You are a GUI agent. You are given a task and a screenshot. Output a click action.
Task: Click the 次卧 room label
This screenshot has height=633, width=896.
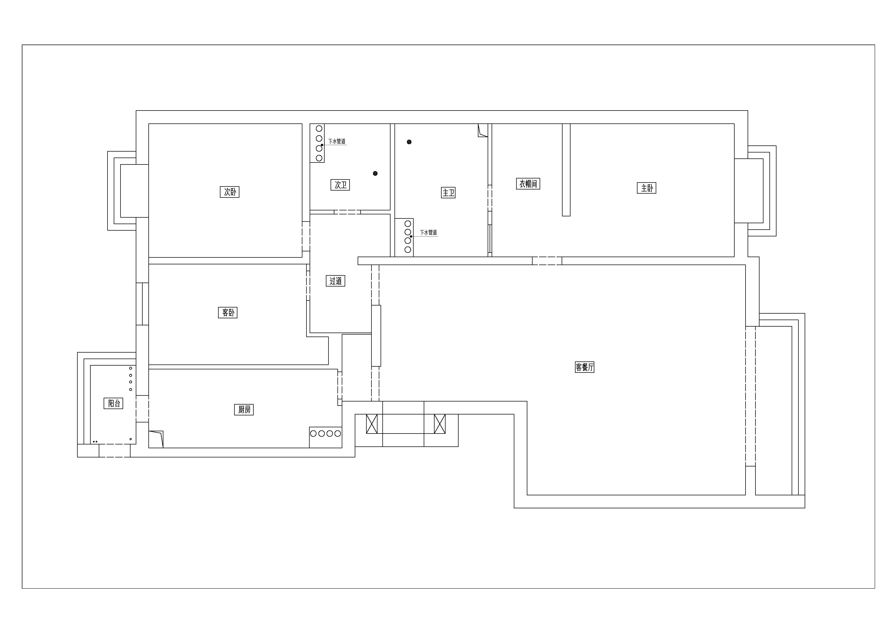[229, 192]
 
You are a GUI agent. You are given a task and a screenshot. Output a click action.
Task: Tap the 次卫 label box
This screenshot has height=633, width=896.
[340, 185]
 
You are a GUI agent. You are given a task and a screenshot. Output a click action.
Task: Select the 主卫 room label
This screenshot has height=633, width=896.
[448, 193]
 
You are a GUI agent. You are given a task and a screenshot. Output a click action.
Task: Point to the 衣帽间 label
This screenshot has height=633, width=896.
[528, 184]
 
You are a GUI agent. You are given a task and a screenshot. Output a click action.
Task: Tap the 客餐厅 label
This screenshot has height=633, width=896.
[585, 367]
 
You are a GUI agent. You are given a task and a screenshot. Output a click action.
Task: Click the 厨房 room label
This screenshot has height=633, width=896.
[244, 410]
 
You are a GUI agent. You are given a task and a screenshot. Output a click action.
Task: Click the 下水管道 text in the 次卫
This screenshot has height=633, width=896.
[337, 141]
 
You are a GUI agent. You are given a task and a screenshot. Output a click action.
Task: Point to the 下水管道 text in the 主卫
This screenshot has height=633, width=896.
[428, 232]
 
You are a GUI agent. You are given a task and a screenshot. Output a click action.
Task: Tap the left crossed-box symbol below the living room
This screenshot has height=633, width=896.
[372, 424]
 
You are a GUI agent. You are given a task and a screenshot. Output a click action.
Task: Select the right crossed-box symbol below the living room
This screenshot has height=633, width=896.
[440, 424]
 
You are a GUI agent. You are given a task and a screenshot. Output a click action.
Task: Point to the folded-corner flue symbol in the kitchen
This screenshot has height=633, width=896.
[156, 439]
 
